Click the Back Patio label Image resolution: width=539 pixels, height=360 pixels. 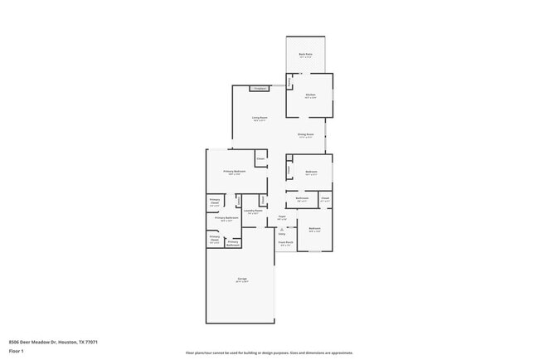pos(305,54)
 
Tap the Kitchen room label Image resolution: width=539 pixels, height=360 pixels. pos(310,95)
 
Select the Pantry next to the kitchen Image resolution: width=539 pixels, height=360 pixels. pos(289,81)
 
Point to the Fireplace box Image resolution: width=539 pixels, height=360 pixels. pos(260,88)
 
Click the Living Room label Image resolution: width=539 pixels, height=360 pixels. pos(260,118)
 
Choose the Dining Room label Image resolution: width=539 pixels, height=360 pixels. pos(305,134)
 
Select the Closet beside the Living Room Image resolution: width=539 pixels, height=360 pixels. pos(260,158)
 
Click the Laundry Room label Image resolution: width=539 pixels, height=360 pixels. pos(253,211)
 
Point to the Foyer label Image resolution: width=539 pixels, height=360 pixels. pos(282,217)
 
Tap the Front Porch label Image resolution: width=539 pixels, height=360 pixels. pos(285,243)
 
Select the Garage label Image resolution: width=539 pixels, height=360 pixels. pos(242,279)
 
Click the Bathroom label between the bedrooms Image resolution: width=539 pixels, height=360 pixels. pos(303,198)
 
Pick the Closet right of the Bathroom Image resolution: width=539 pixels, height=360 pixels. pos(325,198)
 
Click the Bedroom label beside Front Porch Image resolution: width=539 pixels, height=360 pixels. pos(315,229)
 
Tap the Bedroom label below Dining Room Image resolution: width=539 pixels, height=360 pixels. pos(311,173)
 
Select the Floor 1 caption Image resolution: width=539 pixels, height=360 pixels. pos(16,350)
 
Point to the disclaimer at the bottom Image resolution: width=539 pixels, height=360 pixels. pos(269,353)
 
